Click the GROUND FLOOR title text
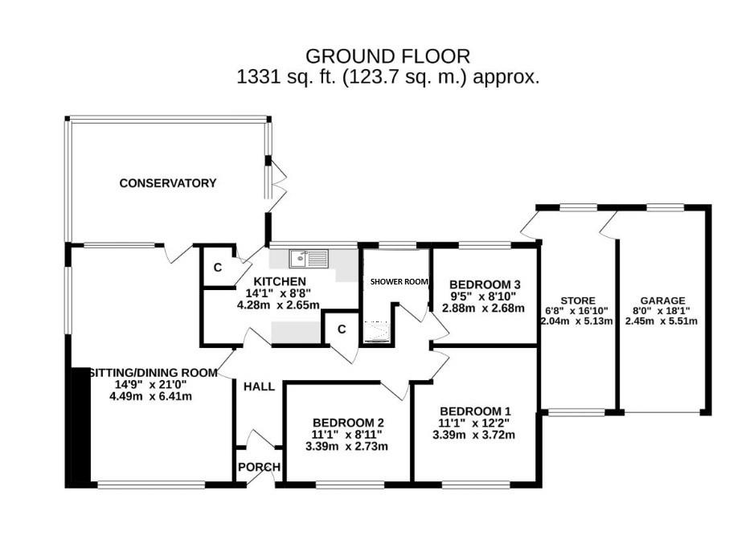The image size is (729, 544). [x=387, y=56]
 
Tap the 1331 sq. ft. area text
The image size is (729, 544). [x=387, y=78]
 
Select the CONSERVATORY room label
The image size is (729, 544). [x=168, y=183]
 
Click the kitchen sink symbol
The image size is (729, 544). [x=309, y=258]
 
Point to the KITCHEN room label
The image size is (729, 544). [x=280, y=281]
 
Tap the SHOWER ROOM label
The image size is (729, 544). [x=399, y=282]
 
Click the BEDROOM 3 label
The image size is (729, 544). [x=485, y=284]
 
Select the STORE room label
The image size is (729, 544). [x=579, y=301]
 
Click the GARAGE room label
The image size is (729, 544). [x=662, y=301]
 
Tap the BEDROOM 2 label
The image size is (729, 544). [x=348, y=423]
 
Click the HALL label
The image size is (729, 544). [x=258, y=387]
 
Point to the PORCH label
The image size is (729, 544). [x=259, y=468]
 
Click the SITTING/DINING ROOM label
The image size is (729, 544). [x=152, y=373]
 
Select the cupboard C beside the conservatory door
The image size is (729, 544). [x=217, y=268]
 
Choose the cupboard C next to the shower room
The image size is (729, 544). [x=342, y=329]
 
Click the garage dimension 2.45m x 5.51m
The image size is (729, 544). [x=662, y=321]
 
